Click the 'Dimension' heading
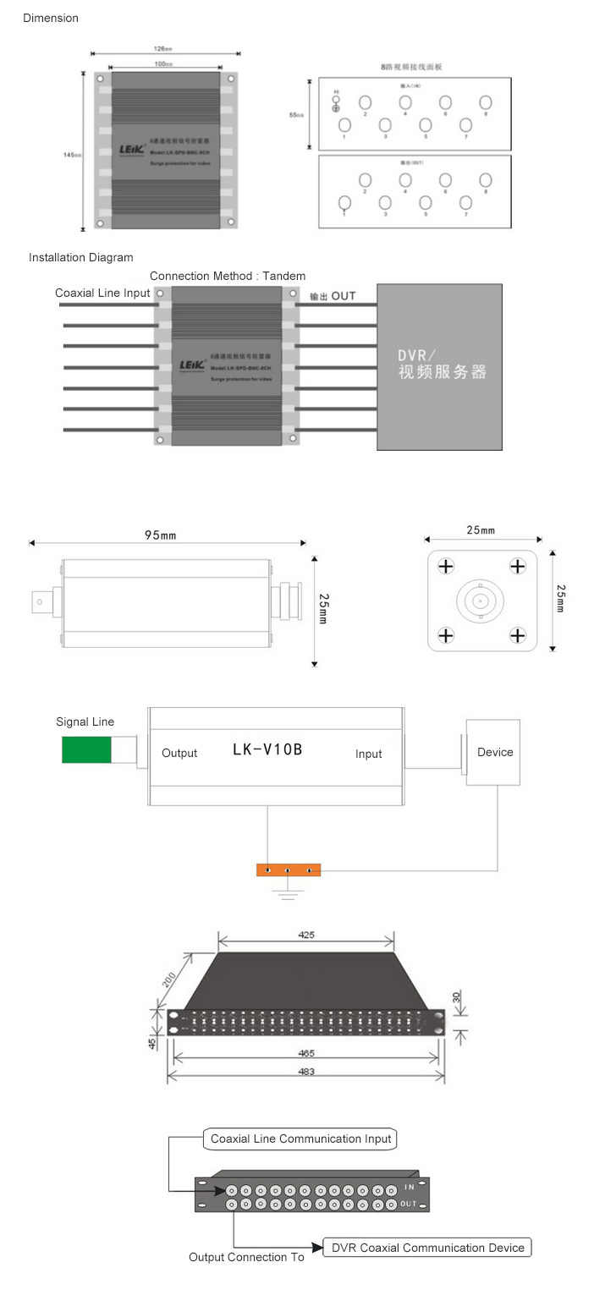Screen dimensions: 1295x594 51,18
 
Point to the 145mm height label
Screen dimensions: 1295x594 72,154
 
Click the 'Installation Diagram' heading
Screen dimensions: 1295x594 80,257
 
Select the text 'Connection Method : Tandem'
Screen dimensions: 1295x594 228,276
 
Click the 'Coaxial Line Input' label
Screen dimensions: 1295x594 102,293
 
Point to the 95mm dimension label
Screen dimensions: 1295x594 160,535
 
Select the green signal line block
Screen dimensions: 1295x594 86,749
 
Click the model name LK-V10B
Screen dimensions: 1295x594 267,749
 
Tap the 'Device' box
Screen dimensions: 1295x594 494,752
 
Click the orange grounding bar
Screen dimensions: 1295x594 289,870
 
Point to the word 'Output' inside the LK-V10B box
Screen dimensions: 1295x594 179,753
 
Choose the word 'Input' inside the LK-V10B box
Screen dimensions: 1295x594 369,754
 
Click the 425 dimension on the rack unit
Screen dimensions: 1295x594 306,936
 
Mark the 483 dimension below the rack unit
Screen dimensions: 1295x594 306,1072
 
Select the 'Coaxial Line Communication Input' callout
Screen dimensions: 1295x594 300,1139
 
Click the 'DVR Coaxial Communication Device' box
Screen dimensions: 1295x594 427,1247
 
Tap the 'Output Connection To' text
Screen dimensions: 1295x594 246,1257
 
